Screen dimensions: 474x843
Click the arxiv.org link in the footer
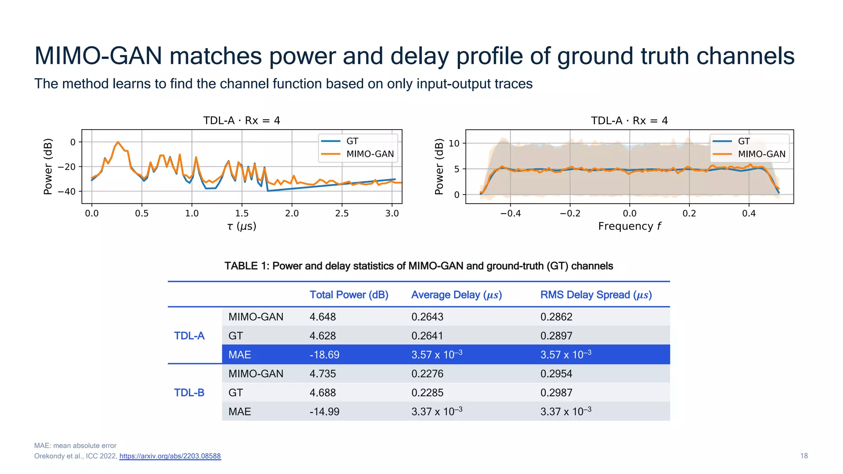click(170, 456)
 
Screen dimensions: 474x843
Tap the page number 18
click(803, 456)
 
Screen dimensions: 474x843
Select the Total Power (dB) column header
click(349, 295)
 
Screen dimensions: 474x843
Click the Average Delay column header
click(456, 295)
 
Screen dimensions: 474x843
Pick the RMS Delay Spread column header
click(596, 295)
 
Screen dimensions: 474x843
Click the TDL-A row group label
click(189, 336)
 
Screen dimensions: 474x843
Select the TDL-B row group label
click(189, 393)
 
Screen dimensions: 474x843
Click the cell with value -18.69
click(324, 355)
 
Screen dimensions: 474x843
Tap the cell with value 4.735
click(323, 374)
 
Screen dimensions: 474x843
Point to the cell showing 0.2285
click(427, 393)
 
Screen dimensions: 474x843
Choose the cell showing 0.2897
click(556, 336)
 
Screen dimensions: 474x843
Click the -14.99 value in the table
click(324, 411)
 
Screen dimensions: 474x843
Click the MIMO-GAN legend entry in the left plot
click(370, 154)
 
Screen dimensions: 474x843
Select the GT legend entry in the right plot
click(743, 141)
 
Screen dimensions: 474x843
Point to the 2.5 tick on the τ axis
click(342, 213)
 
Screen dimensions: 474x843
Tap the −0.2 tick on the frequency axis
click(570, 213)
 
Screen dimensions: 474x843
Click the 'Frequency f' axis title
click(629, 226)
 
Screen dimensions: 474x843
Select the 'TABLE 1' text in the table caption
click(241, 266)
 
